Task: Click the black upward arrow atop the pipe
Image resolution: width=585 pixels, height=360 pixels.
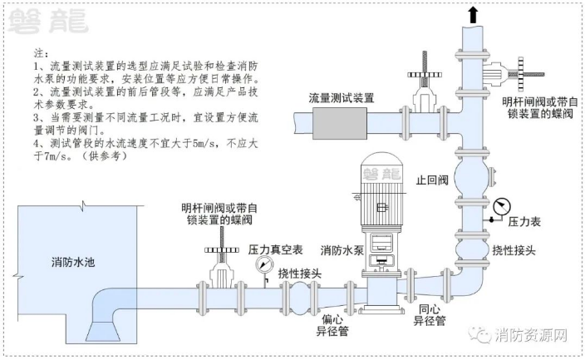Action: (473, 13)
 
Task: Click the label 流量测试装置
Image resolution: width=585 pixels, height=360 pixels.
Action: (341, 97)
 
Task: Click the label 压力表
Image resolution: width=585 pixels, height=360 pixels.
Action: (524, 222)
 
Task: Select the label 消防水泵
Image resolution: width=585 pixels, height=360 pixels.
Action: (341, 249)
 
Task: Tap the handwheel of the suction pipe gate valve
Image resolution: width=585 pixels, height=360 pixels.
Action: (220, 248)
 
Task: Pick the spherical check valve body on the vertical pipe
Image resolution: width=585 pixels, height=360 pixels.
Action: (473, 179)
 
